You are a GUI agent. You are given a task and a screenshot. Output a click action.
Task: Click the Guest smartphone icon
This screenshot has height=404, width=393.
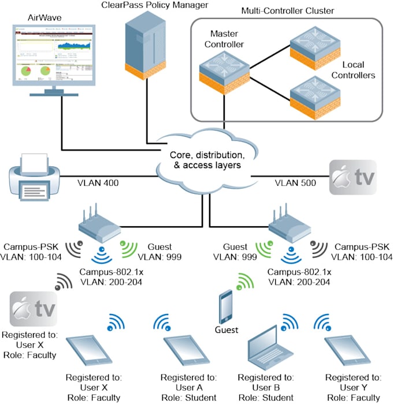[227, 308]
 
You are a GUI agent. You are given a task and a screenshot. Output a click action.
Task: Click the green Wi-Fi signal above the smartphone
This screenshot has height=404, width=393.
[246, 282]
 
